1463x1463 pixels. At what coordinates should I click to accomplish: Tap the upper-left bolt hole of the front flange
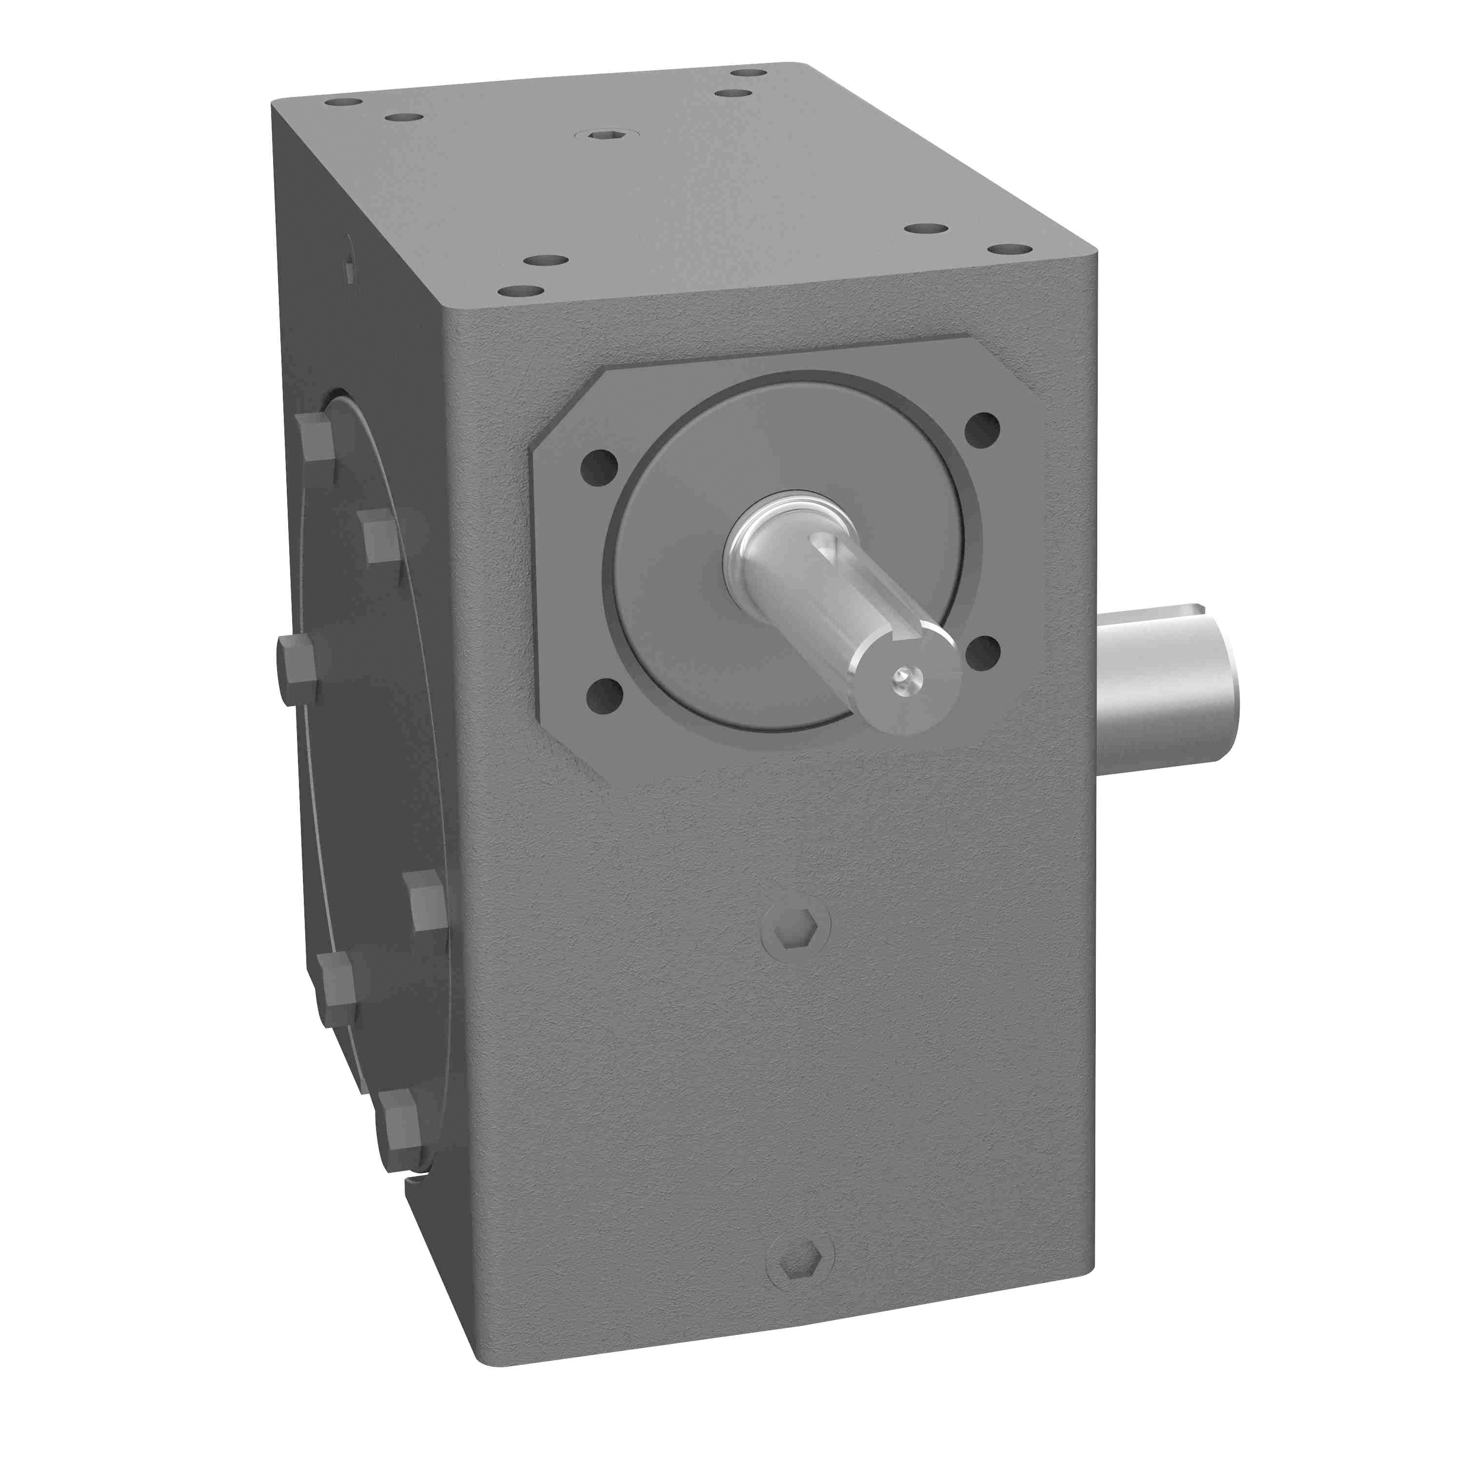tap(599, 467)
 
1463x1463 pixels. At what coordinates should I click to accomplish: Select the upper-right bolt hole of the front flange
tap(983, 429)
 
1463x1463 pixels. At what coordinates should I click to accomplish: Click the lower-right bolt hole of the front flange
tap(983, 653)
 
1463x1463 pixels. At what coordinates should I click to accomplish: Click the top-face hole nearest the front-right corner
tap(1009, 249)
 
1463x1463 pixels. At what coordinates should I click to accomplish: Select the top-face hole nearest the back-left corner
tap(342, 101)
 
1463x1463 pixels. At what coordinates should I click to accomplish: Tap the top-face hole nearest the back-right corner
tap(749, 73)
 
